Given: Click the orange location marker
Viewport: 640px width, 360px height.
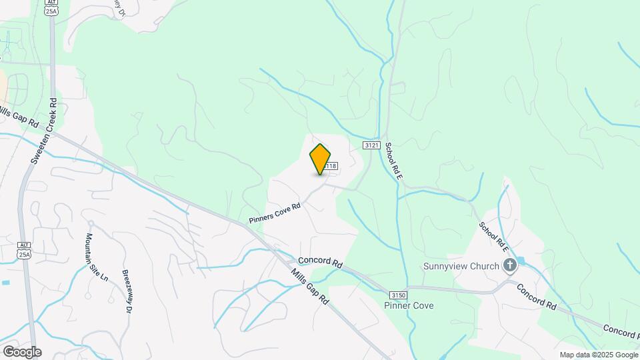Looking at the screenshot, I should point(320,159).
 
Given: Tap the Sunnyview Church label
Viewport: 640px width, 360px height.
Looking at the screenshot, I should point(461,267).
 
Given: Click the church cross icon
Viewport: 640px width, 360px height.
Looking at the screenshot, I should point(510,267).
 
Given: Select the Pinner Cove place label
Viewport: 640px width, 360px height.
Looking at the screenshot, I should point(409,306).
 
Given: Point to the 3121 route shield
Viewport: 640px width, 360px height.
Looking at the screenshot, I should point(371,145).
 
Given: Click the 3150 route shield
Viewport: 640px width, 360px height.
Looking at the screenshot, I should point(398,295).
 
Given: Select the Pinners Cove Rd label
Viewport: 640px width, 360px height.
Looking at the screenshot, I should point(275,213).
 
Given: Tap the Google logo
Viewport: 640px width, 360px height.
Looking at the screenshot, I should point(21,351).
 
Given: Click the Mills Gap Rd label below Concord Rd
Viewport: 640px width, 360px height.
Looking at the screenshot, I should point(310,288).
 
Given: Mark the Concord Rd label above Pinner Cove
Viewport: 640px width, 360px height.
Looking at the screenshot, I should point(320,262).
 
